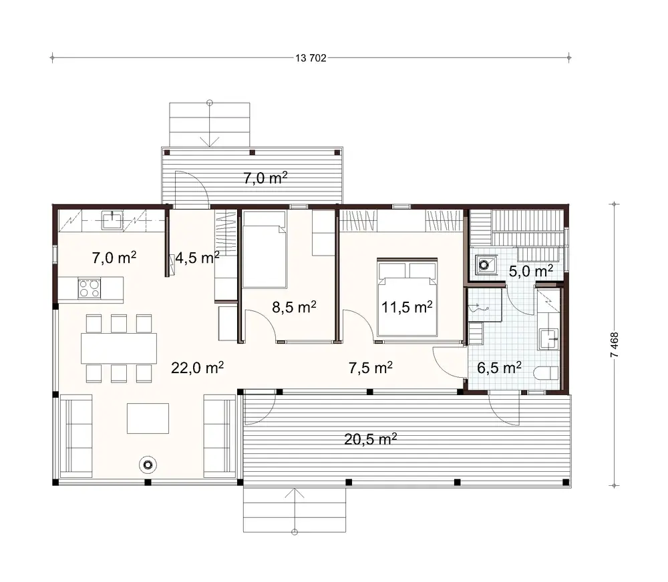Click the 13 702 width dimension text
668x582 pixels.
(310, 58)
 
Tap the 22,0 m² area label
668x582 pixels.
(197, 367)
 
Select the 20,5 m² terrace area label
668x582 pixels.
(371, 439)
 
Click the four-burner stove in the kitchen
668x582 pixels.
(90, 288)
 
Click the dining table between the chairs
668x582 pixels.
(119, 348)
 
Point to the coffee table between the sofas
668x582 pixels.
(148, 418)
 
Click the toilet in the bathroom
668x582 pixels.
(547, 374)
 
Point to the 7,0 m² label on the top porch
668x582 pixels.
(265, 178)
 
